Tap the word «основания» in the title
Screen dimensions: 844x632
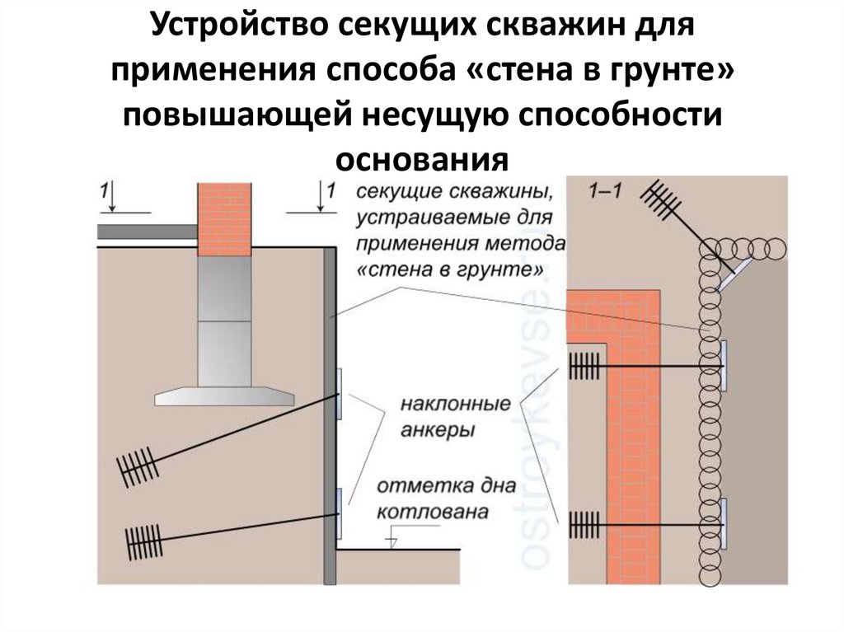(x=422, y=159)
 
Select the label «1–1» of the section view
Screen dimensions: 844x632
(x=605, y=190)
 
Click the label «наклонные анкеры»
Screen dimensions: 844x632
(x=455, y=417)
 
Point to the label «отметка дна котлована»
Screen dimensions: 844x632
(x=446, y=498)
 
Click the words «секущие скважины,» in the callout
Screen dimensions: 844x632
(x=454, y=192)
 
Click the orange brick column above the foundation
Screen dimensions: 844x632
(x=224, y=219)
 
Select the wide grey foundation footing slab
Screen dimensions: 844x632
(x=224, y=396)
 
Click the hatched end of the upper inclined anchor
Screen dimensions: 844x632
(x=138, y=467)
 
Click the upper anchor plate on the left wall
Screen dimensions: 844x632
(x=339, y=395)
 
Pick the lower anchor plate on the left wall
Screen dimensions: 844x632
(x=339, y=513)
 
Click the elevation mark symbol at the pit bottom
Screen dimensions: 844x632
(x=392, y=541)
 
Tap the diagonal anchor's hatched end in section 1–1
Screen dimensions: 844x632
(x=661, y=199)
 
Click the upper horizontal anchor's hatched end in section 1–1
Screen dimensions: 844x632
(x=584, y=366)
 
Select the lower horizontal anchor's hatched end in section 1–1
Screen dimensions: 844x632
(x=584, y=525)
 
